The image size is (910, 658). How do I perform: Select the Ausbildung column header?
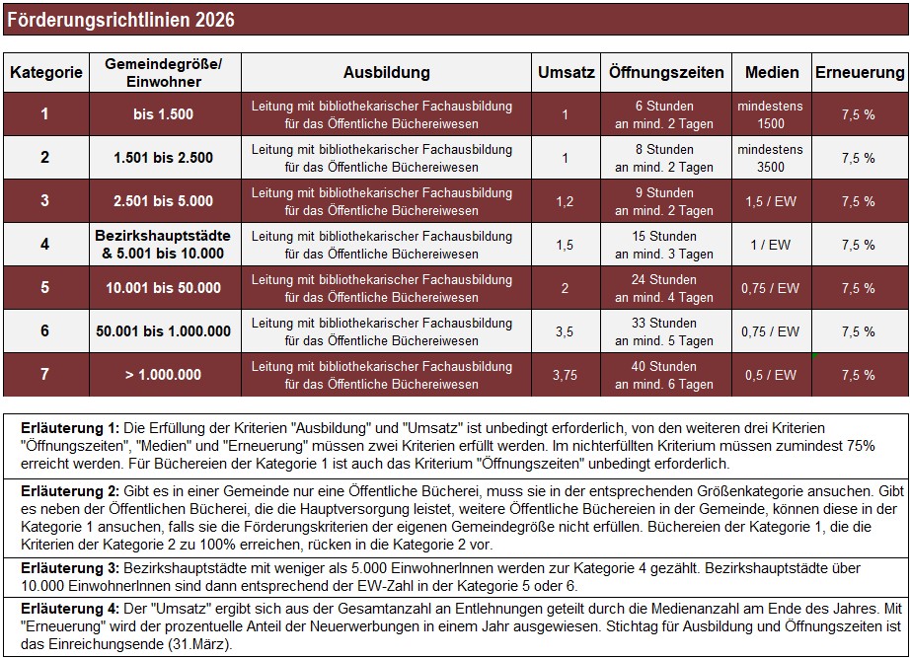click(386, 73)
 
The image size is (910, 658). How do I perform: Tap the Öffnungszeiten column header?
click(666, 73)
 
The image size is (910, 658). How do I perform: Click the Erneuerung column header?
click(859, 73)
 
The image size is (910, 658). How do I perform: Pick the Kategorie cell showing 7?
click(44, 375)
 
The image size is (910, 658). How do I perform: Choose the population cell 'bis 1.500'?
click(163, 114)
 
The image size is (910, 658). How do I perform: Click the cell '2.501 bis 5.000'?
click(163, 201)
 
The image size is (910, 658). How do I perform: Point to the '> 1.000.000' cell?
click(163, 375)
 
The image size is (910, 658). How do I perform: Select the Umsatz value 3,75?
click(565, 375)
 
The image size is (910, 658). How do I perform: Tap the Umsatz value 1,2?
click(565, 201)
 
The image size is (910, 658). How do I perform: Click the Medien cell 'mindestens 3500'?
click(771, 158)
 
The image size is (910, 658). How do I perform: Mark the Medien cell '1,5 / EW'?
click(771, 201)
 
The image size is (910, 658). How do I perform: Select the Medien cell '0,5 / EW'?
click(771, 375)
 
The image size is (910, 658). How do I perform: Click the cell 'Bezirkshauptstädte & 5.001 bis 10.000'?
click(163, 245)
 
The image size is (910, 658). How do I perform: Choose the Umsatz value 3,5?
click(565, 331)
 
